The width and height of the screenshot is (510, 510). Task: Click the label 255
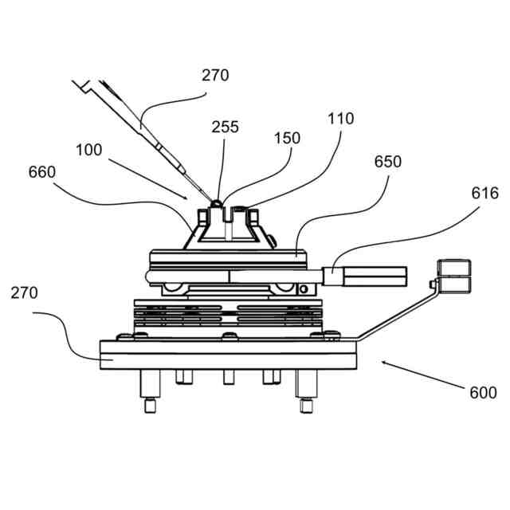225,127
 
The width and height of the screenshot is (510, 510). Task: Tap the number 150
287,138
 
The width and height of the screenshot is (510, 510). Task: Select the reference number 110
340,119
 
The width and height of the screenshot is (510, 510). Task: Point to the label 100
90,149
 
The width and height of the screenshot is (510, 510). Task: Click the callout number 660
42,172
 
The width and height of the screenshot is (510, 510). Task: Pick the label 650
388,162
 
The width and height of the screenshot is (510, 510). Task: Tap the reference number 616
485,193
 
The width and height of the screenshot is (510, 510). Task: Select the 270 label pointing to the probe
214,76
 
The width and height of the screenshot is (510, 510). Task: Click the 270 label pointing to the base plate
25,292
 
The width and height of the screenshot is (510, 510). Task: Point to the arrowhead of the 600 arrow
383,363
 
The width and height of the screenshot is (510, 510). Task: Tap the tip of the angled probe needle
213,201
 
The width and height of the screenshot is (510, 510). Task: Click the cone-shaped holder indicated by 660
227,228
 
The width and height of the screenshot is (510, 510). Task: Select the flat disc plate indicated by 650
227,256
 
